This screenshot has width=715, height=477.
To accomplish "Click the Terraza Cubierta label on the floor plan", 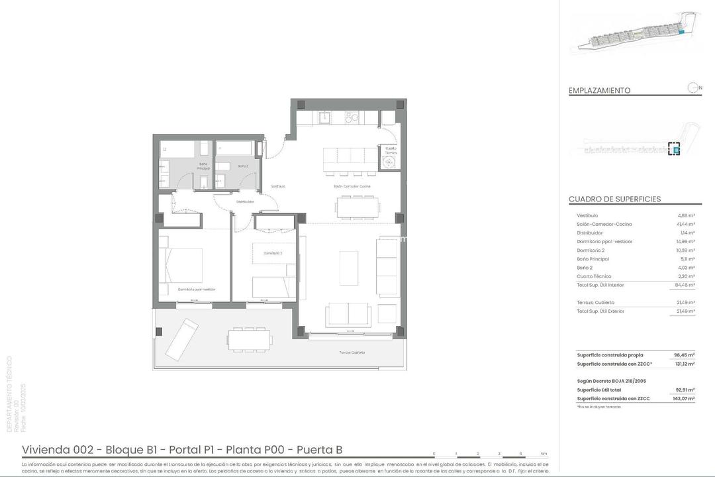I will tap(348, 352).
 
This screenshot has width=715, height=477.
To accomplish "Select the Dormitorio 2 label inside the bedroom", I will tap(273, 253).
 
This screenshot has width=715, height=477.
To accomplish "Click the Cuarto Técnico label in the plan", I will tap(391, 150).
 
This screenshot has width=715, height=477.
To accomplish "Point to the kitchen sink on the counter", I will tap(324, 118).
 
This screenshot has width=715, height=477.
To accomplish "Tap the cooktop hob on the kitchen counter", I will tap(352, 118).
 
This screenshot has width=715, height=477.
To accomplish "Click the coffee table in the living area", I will tap(349, 268).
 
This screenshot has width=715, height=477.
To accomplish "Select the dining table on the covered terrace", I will tap(250, 339).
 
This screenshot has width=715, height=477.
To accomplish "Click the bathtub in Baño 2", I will tap(234, 148).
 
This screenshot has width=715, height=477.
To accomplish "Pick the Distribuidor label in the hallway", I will tap(245, 201).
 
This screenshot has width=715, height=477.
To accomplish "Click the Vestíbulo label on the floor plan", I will tap(278, 186).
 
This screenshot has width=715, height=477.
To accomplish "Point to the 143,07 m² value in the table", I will tap(684, 399).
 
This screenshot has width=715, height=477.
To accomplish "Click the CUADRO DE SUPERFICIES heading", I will tap(614, 199).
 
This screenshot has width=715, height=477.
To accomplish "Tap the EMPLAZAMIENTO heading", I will tap(599, 91).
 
